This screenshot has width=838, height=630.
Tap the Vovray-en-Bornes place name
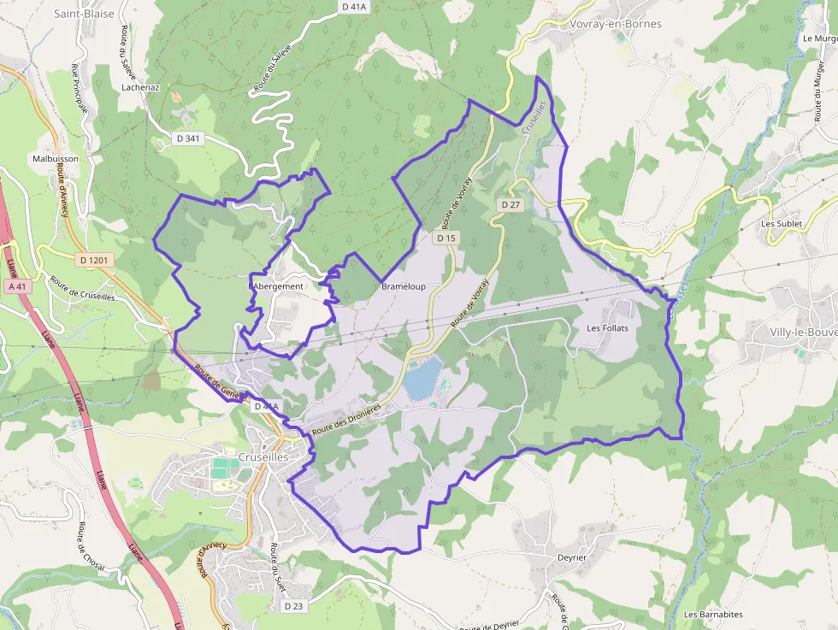pyautogui.click(x=616, y=24)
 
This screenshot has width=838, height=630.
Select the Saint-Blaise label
pyautogui.click(x=84, y=14)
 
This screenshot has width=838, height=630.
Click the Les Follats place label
pyautogui.click(x=607, y=328)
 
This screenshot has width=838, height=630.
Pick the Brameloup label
pyautogui.click(x=404, y=286)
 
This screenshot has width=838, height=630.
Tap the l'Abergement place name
pyautogui.click(x=276, y=286)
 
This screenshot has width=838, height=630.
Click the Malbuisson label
pyautogui.click(x=56, y=159)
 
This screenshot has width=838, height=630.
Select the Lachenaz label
pyautogui.click(x=141, y=87)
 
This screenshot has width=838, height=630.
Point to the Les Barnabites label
pyautogui.click(x=713, y=615)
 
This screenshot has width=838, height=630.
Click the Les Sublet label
pyautogui.click(x=782, y=224)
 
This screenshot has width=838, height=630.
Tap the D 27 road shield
pyautogui.click(x=510, y=205)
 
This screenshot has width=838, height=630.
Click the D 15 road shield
pyautogui.click(x=445, y=238)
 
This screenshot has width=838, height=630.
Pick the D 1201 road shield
pyautogui.click(x=94, y=259)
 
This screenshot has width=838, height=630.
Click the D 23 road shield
pyautogui.click(x=292, y=605)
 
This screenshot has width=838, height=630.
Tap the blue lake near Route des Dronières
pyautogui.click(x=423, y=379)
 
